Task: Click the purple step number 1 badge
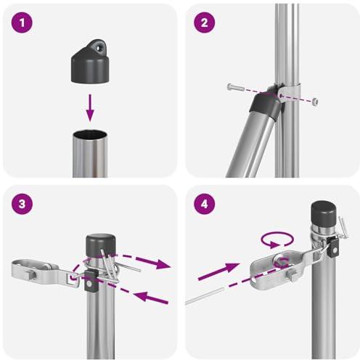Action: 22,22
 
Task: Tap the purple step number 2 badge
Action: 205,22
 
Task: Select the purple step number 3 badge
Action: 22,204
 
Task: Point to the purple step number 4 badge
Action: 205,204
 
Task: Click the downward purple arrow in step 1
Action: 90,107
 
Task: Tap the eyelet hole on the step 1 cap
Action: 99,48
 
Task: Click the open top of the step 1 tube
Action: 90,134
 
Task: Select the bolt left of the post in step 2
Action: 236,87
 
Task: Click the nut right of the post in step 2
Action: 314,102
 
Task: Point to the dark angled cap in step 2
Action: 266,105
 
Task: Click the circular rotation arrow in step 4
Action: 277,240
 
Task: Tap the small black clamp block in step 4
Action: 332,247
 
